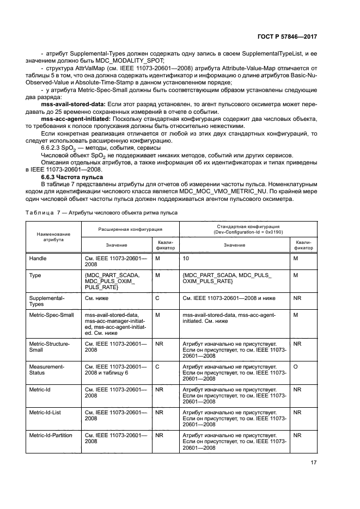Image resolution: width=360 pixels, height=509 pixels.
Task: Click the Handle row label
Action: (x=38, y=257)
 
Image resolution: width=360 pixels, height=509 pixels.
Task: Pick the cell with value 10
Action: (x=186, y=257)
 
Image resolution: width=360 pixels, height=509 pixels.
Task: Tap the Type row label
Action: (x=35, y=275)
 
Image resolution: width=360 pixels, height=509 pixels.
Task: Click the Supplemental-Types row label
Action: (x=47, y=301)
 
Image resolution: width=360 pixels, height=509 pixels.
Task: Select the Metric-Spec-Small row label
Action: (x=51, y=315)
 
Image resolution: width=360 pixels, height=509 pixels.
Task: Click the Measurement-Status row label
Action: (x=47, y=370)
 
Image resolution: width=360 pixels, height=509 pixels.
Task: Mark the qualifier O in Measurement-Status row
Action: (x=295, y=367)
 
